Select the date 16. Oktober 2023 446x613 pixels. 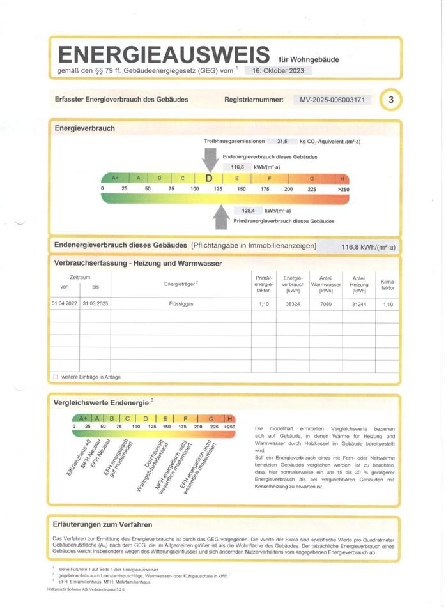278,71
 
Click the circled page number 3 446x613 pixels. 390,100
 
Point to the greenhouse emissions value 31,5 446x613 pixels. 282,142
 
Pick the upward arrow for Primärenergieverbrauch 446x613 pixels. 221,216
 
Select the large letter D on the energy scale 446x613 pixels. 209,179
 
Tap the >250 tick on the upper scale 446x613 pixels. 343,189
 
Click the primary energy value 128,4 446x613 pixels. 248,211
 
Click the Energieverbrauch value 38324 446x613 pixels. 293,305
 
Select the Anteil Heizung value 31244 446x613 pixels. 359,305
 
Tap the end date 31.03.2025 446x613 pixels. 96,305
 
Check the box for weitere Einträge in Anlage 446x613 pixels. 56,377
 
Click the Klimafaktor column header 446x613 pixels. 388,285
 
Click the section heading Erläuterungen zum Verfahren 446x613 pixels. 102,525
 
